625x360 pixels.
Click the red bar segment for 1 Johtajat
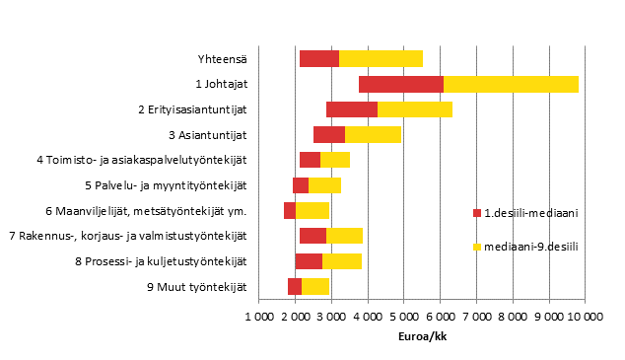400,84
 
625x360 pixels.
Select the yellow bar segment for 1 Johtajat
511,84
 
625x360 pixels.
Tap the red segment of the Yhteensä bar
318,58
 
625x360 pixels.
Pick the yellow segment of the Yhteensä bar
381,58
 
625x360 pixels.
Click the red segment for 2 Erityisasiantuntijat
351,109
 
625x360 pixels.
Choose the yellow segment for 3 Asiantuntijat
373,134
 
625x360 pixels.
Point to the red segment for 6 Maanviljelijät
290,210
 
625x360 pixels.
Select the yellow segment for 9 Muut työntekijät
314,286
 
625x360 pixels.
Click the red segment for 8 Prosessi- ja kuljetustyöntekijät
309,260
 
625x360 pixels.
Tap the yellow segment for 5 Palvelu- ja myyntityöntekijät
324,184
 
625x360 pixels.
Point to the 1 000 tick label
258,316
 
